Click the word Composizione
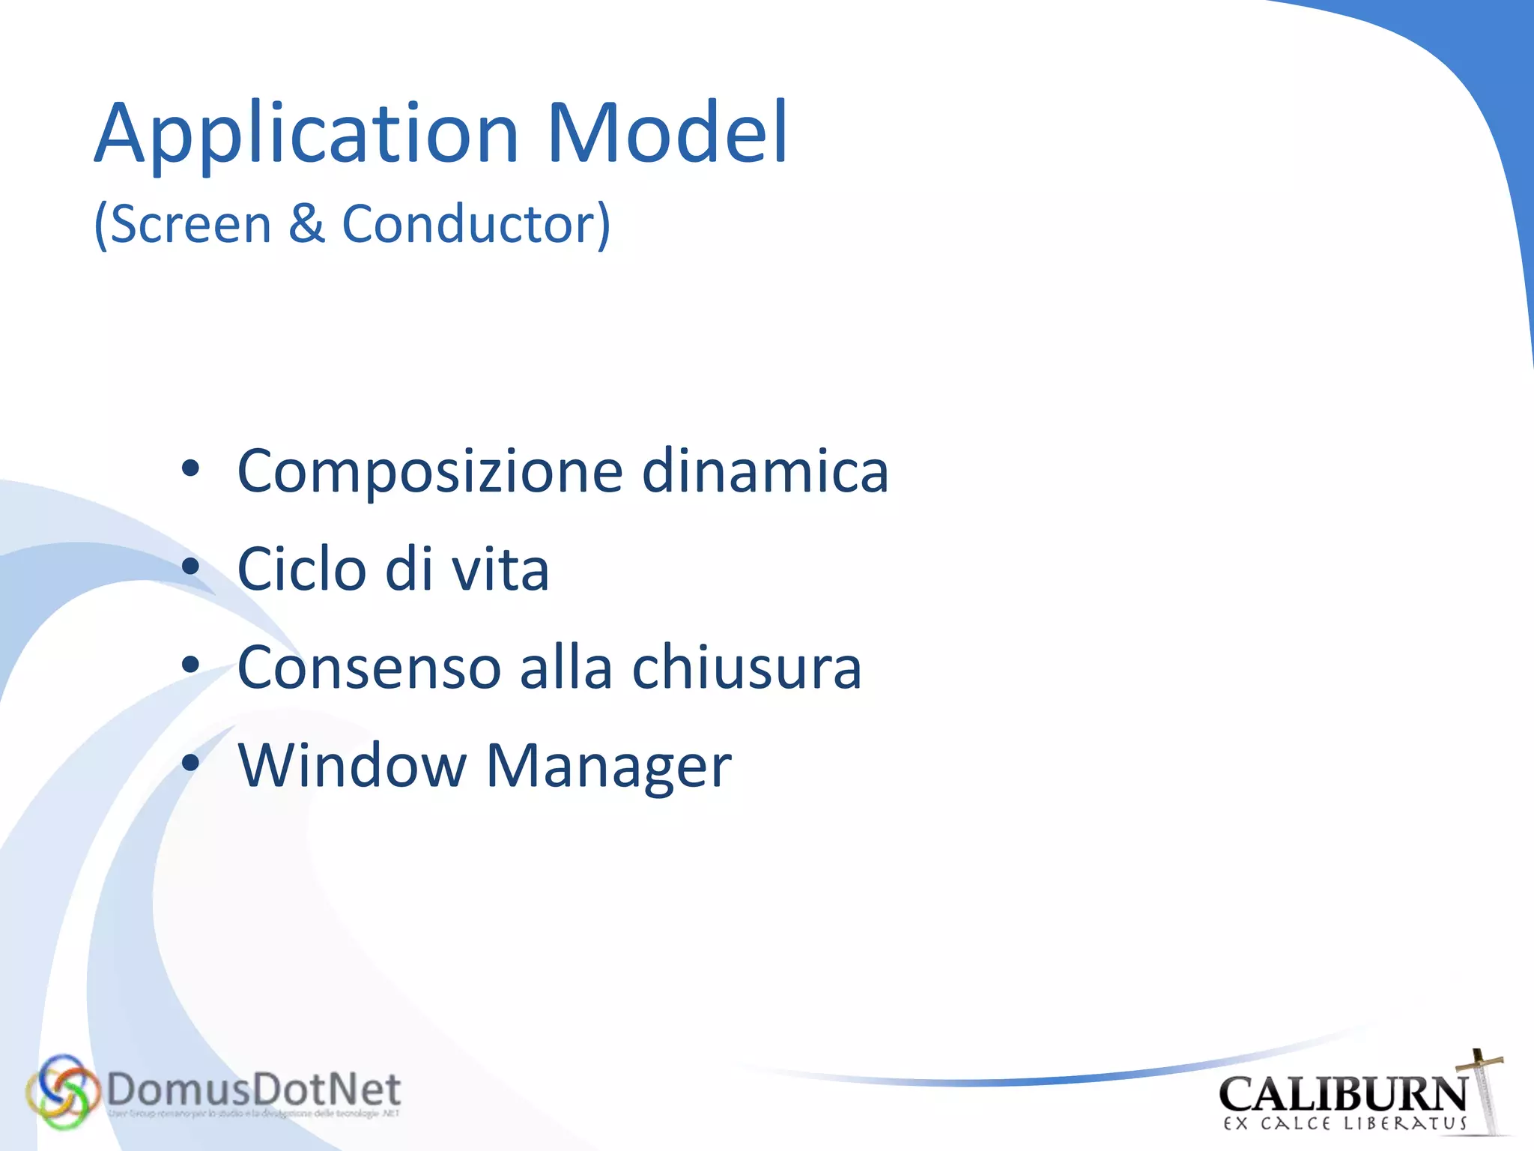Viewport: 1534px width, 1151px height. coord(430,472)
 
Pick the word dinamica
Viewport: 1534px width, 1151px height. coord(765,471)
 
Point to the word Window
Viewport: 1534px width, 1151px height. coord(351,765)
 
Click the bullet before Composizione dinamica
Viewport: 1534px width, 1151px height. coord(191,469)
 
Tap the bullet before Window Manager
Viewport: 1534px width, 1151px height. coord(191,763)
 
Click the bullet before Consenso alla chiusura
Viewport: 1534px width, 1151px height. coord(191,665)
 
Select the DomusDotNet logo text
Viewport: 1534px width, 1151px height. coord(253,1090)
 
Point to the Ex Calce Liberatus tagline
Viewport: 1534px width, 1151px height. coord(1345,1124)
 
